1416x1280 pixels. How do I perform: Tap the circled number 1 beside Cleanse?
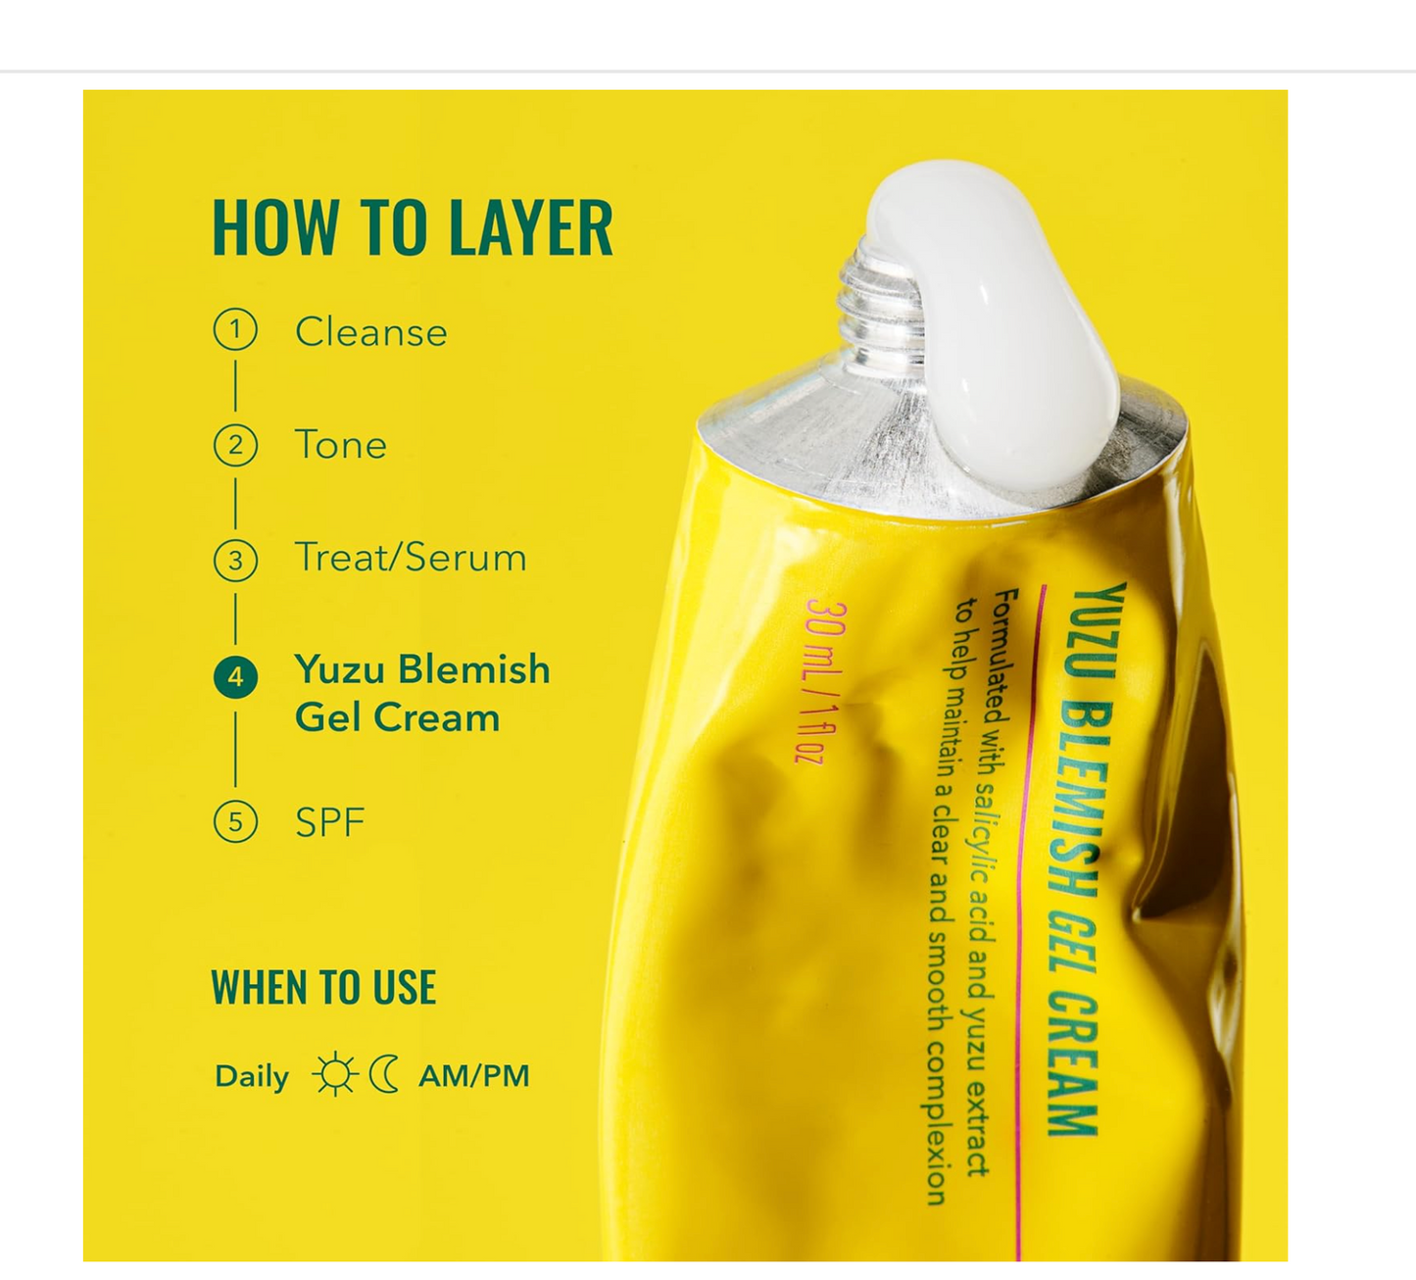[235, 330]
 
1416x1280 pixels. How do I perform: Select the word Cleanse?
[370, 332]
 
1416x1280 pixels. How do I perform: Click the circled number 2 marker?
[235, 446]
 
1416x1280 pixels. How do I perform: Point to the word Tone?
[340, 446]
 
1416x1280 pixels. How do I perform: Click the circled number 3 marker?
[235, 561]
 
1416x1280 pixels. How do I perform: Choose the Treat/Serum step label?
[410, 558]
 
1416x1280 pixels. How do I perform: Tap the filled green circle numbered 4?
[235, 677]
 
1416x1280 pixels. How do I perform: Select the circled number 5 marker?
[235, 821]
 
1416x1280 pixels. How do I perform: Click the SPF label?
[329, 822]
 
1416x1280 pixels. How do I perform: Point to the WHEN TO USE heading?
[323, 988]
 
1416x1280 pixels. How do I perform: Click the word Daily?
[251, 1076]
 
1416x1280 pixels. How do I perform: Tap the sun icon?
[334, 1074]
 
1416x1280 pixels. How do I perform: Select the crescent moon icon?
[384, 1074]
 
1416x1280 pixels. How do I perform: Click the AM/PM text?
[473, 1076]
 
